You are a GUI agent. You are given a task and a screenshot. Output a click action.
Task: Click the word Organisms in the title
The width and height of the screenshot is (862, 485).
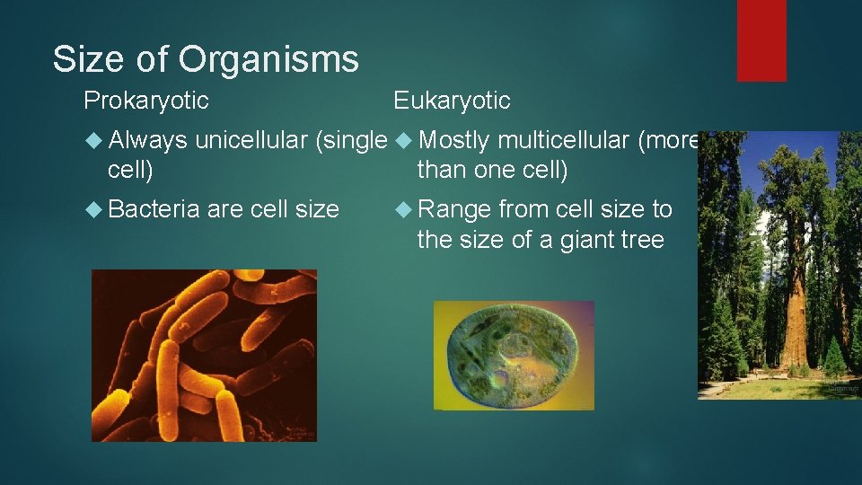(268, 60)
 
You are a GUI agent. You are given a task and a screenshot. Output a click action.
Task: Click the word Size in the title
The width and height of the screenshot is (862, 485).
(87, 60)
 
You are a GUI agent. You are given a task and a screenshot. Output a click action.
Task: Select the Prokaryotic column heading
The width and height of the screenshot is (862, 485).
(146, 101)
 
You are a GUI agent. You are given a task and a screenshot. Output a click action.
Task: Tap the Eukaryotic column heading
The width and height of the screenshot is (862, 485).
(452, 101)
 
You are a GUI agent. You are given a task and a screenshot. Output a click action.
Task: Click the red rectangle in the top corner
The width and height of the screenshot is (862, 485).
(761, 40)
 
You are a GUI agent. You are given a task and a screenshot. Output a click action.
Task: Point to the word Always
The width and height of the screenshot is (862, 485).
(147, 141)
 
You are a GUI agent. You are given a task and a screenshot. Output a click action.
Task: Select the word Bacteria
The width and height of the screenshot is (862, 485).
(154, 210)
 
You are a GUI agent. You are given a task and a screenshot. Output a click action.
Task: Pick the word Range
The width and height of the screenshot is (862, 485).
(454, 210)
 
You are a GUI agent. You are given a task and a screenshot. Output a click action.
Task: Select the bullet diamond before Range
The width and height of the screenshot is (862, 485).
(403, 210)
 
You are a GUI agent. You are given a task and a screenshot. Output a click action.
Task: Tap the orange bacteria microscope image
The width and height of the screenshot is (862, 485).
(204, 356)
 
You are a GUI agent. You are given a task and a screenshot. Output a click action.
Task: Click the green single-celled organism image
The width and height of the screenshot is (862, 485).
(514, 356)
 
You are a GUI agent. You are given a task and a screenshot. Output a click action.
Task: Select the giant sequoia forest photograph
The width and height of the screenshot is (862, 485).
(779, 266)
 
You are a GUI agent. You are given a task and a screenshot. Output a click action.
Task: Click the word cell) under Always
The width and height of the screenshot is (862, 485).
(131, 170)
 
